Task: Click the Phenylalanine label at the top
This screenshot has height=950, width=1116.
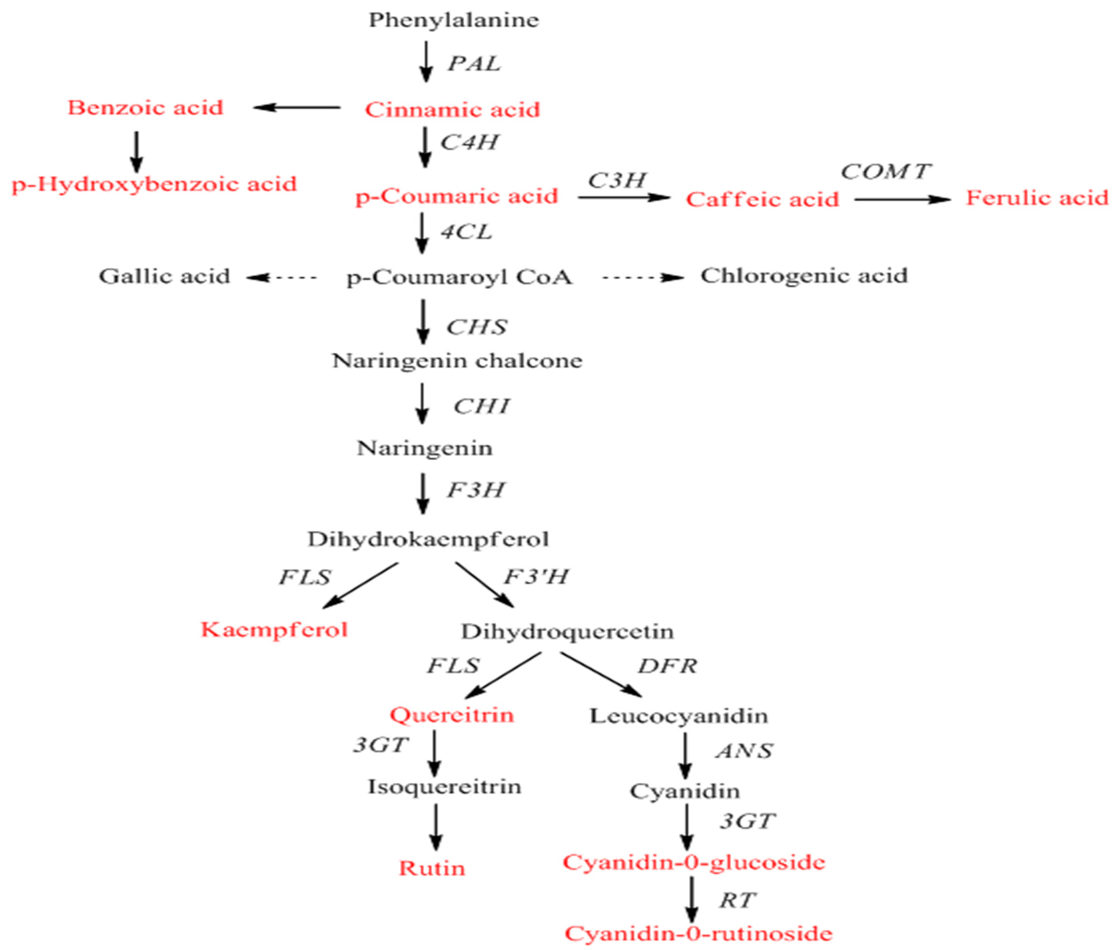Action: point(454,21)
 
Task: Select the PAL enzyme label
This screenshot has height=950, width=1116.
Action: point(474,64)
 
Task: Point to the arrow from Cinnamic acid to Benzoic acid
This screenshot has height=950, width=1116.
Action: point(296,108)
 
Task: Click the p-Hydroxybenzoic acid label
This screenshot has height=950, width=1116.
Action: point(154,184)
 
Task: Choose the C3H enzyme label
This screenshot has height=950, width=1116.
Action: point(617,180)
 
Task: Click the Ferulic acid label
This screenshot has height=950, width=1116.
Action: point(1037,198)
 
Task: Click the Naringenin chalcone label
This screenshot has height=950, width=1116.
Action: point(457,361)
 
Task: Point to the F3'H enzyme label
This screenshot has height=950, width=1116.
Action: point(536,577)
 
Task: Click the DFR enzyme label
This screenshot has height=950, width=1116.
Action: point(667,666)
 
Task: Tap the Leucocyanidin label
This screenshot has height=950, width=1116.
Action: point(679,716)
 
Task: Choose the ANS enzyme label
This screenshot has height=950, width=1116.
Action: point(744,750)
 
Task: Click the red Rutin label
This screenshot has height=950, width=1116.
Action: point(432,868)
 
